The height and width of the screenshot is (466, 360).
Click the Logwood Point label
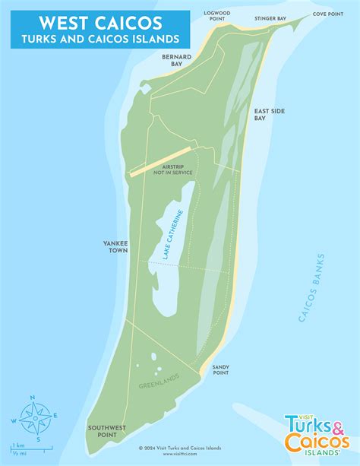point(220,17)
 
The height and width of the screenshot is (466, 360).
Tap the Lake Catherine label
point(173,236)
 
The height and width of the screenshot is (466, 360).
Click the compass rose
point(33,415)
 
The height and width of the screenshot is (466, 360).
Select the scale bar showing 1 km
point(30,448)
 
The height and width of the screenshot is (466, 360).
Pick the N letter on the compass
point(33,396)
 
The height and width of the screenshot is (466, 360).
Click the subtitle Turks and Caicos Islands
point(96,37)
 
